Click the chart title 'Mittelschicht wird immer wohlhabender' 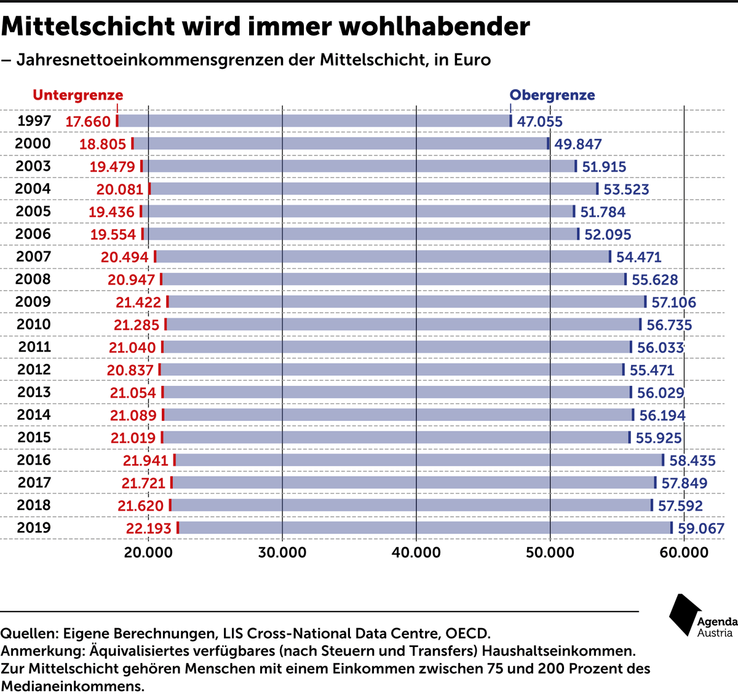pyautogui.click(x=265, y=26)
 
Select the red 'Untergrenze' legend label pyautogui.click(x=78, y=95)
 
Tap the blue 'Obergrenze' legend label pyautogui.click(x=552, y=95)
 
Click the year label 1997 pyautogui.click(x=34, y=121)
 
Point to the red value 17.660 pyautogui.click(x=88, y=122)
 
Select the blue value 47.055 pyautogui.click(x=539, y=122)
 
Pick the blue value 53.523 pyautogui.click(x=626, y=189)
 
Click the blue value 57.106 pyautogui.click(x=673, y=302)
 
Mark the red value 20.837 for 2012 pyautogui.click(x=130, y=370)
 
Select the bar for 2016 pyautogui.click(x=418, y=460)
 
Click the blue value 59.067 pyautogui.click(x=701, y=528)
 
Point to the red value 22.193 pyautogui.click(x=148, y=528)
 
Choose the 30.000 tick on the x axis pyautogui.click(x=282, y=552)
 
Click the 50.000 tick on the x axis pyautogui.click(x=550, y=552)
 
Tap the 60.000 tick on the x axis pyautogui.click(x=684, y=552)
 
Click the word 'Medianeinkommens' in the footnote pyautogui.click(x=72, y=686)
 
